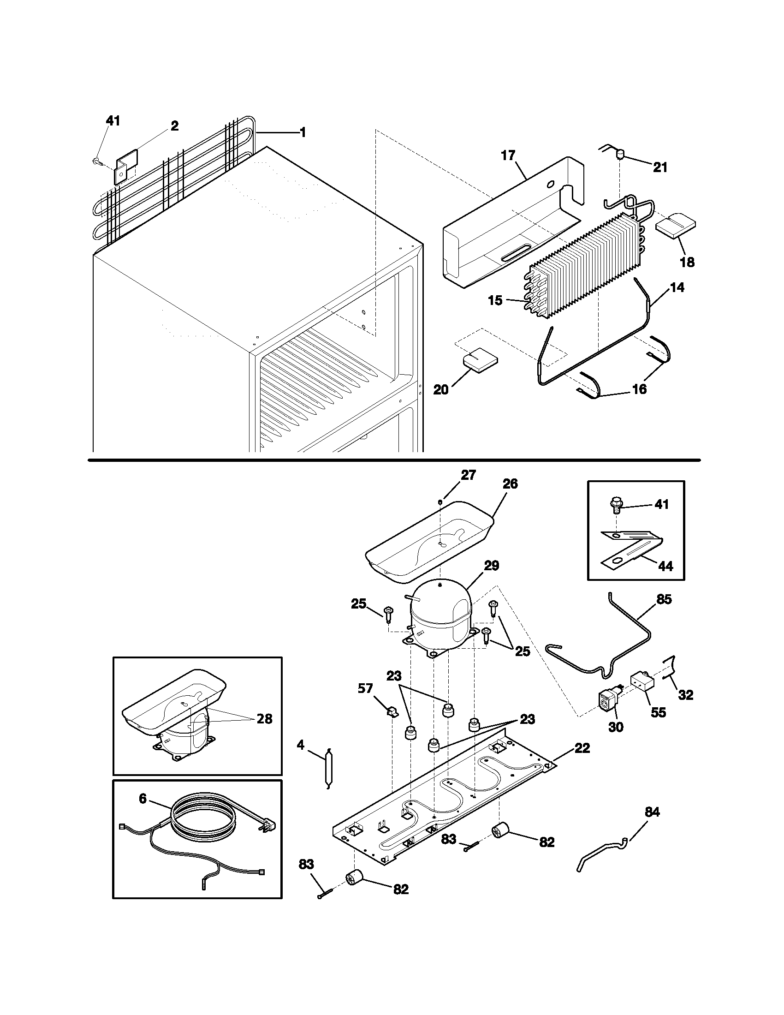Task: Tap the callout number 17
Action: pyautogui.click(x=508, y=155)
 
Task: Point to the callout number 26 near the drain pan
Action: pyautogui.click(x=510, y=484)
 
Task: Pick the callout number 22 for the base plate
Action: pyautogui.click(x=582, y=748)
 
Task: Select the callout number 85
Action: pyautogui.click(x=664, y=599)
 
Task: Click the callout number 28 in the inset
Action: pyautogui.click(x=264, y=719)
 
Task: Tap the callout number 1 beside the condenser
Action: pyautogui.click(x=303, y=133)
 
